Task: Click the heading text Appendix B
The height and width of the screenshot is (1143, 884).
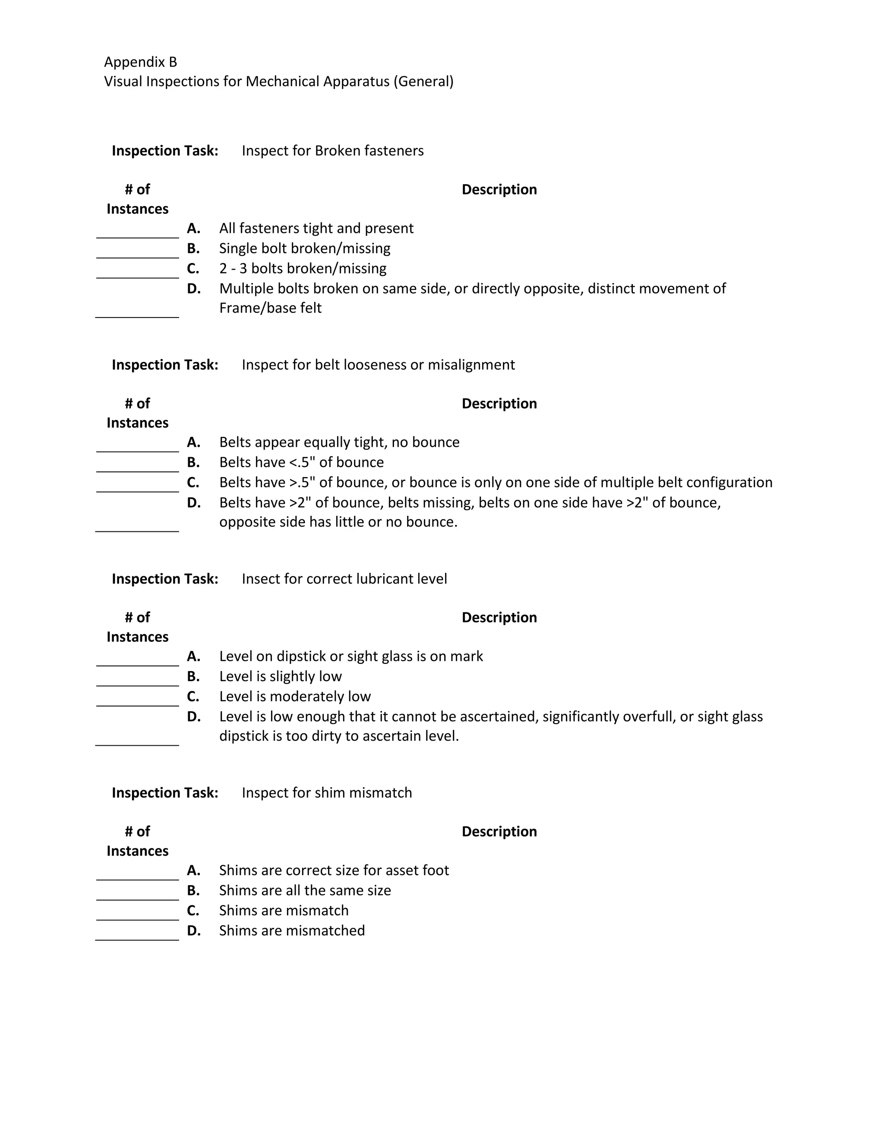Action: point(140,62)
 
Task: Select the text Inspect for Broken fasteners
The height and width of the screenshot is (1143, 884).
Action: point(332,151)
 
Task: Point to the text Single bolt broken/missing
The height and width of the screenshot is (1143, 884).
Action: point(304,248)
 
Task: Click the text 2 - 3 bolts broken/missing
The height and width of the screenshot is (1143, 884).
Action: point(303,268)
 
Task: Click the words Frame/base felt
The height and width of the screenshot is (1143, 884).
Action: point(270,308)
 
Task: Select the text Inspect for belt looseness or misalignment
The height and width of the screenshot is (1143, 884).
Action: point(378,365)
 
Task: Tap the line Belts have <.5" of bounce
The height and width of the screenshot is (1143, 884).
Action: point(301,462)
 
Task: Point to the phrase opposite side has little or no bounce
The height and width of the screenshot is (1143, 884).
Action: point(338,522)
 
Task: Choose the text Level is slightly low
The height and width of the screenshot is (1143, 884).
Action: point(280,676)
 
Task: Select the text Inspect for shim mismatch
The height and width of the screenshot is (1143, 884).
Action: point(327,793)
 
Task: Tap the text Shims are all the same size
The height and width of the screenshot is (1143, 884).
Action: point(305,890)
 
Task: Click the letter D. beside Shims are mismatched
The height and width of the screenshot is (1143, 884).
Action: point(194,930)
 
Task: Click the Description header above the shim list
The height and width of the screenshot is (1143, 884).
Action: point(499,832)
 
